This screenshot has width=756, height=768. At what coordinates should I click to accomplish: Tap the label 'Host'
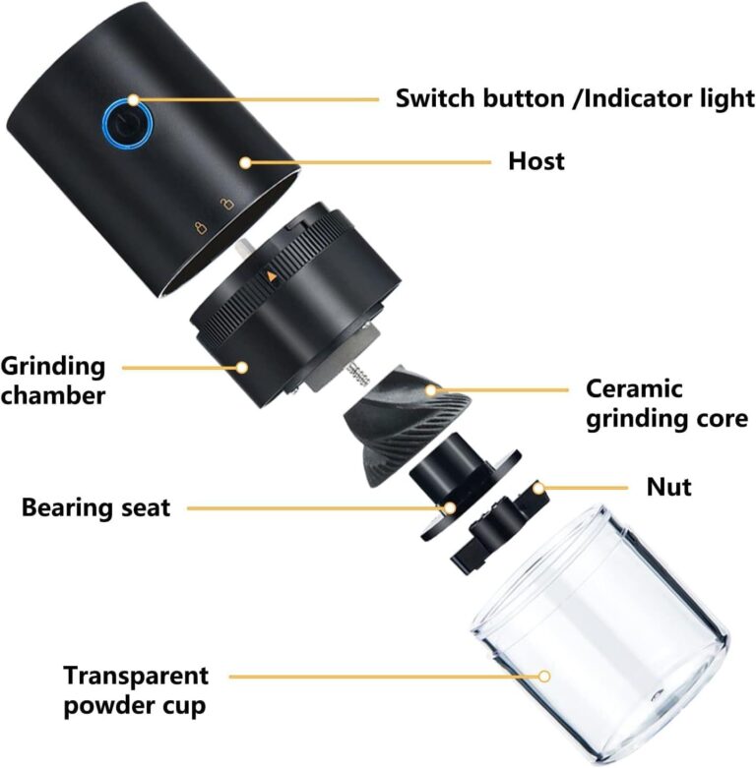pos(536,160)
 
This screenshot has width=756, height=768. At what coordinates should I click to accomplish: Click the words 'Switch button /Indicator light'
pos(575,97)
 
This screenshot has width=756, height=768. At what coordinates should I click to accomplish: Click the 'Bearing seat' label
pos(96,507)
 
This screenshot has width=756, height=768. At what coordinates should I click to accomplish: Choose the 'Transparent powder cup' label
pos(137,689)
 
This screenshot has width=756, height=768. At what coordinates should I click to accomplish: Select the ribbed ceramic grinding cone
pos(389,423)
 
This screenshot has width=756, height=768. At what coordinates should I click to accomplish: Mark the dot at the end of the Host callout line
pos(245,160)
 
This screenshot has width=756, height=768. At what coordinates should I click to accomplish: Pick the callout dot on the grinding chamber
pos(242,368)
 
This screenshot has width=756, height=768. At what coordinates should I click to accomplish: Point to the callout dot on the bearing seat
pos(448,508)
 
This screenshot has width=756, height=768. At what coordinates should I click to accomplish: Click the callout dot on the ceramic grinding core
pos(430,390)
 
